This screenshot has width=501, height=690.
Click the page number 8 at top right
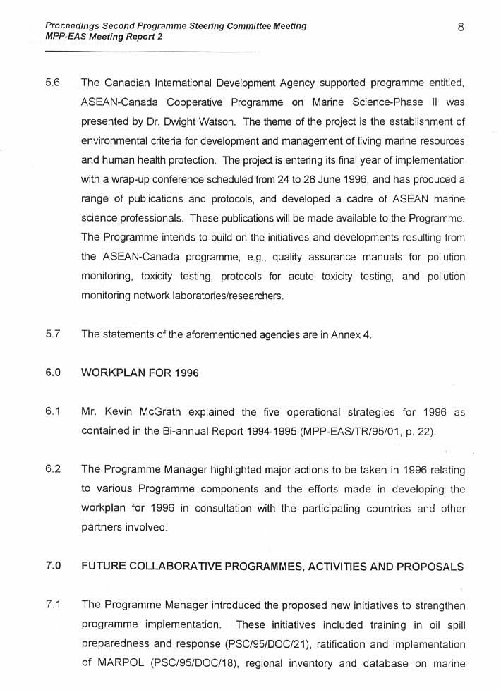tap(460, 28)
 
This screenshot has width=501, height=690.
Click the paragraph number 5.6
tap(52, 83)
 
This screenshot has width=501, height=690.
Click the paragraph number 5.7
tap(52, 334)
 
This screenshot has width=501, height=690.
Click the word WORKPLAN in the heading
tap(116, 373)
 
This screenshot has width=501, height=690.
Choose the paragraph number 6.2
tap(52, 469)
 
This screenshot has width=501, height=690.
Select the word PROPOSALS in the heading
tap(428, 566)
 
